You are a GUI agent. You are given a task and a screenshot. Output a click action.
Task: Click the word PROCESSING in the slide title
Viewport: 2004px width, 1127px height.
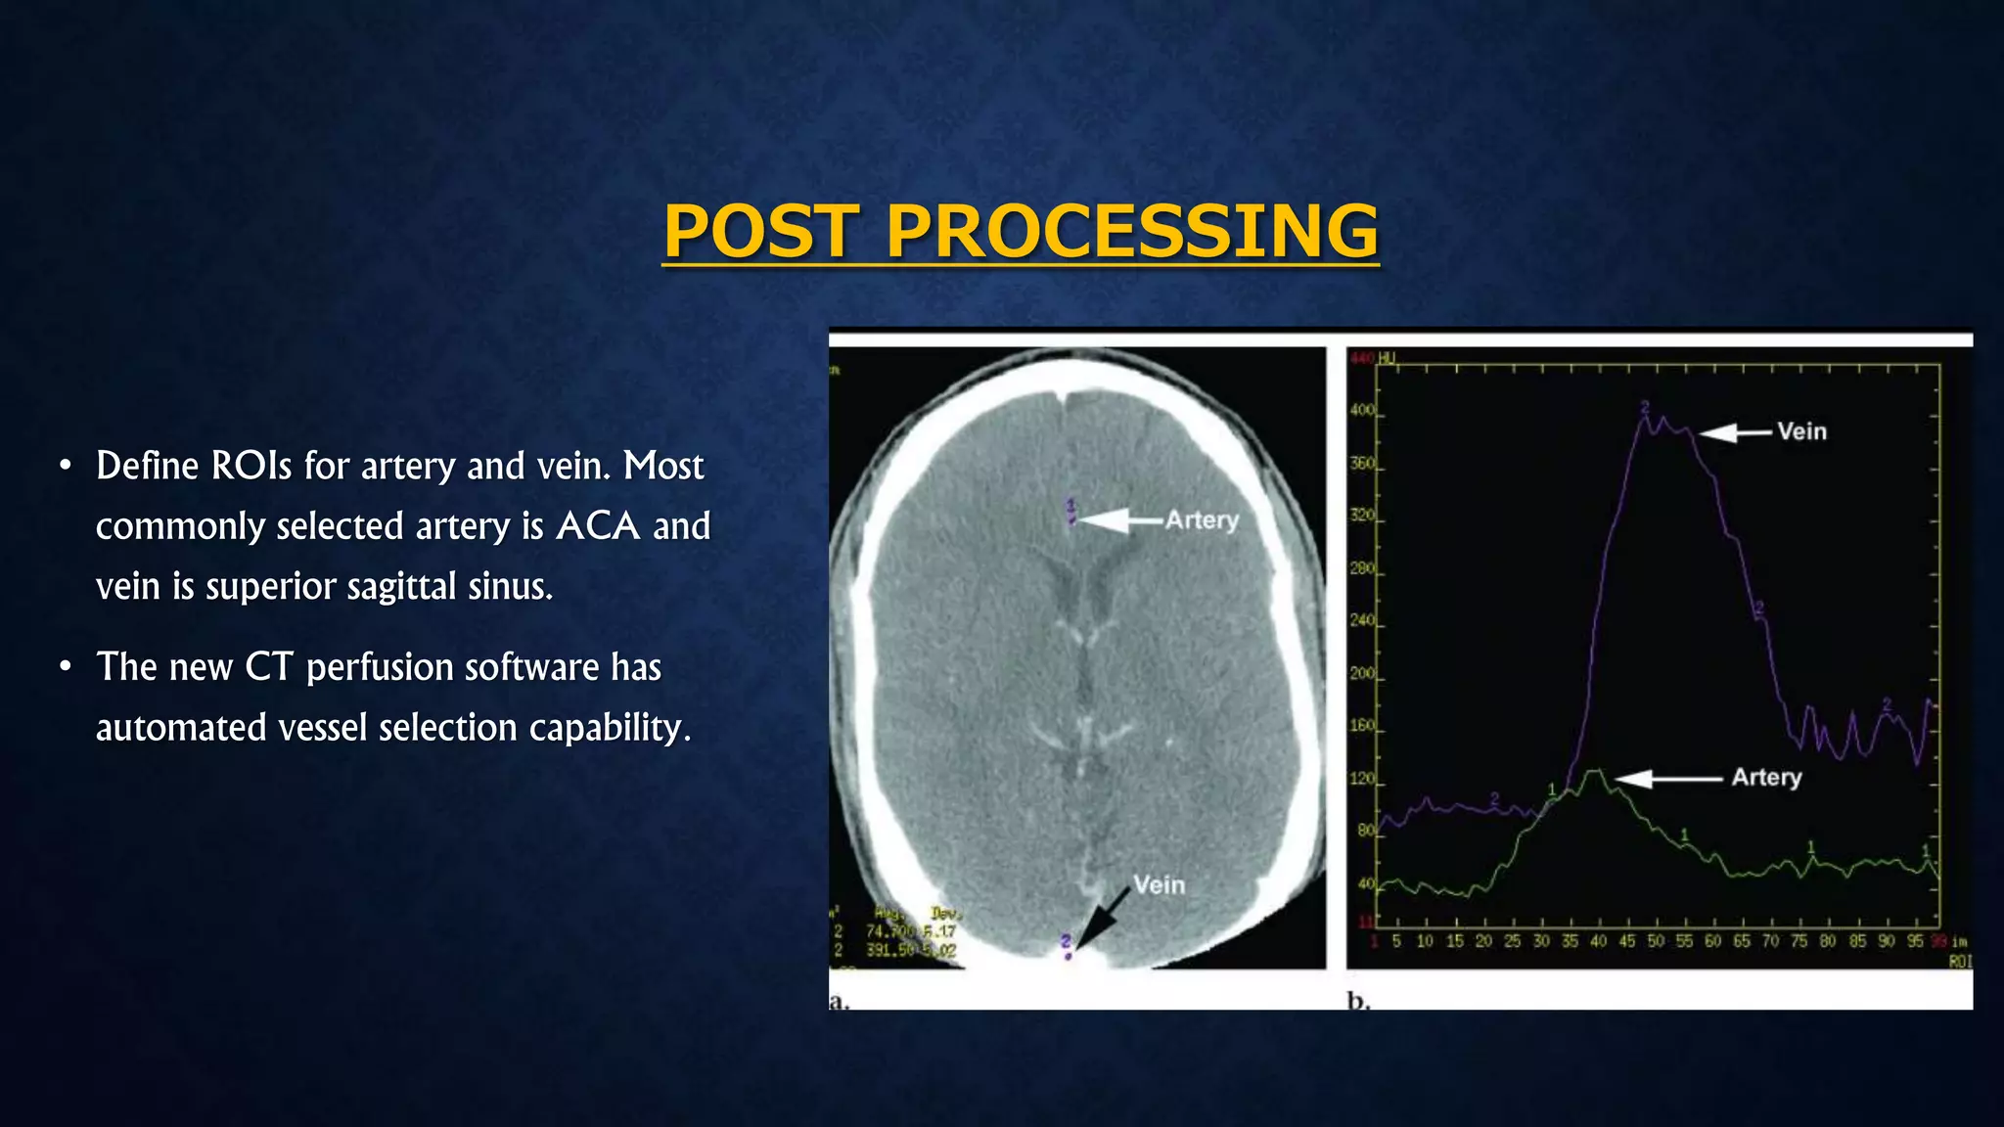[1132, 232]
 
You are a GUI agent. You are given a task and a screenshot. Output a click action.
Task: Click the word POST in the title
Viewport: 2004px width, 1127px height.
[762, 232]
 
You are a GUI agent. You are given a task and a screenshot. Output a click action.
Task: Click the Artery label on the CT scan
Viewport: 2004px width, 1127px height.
[1202, 520]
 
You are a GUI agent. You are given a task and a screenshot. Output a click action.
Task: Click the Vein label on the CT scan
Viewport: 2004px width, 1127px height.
[1159, 885]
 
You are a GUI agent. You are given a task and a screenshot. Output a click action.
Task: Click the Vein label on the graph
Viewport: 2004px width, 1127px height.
[1801, 431]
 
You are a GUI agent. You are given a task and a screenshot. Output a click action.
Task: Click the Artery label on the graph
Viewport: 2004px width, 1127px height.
[1766, 778]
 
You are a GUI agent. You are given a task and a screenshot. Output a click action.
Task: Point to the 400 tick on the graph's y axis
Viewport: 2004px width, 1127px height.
[1362, 411]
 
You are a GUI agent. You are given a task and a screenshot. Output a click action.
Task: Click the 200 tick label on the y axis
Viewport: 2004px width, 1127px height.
[1362, 674]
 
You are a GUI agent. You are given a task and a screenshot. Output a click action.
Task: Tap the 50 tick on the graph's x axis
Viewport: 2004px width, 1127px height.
[1656, 941]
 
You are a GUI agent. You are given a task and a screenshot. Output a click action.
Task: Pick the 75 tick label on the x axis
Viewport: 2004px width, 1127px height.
[1799, 941]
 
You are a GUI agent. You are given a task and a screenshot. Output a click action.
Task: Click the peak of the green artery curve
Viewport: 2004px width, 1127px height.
[1596, 773]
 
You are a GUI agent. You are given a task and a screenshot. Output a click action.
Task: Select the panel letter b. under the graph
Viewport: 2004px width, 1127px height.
[1358, 1000]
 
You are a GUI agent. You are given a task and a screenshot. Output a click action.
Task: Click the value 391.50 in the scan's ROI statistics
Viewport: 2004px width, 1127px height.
[888, 950]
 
